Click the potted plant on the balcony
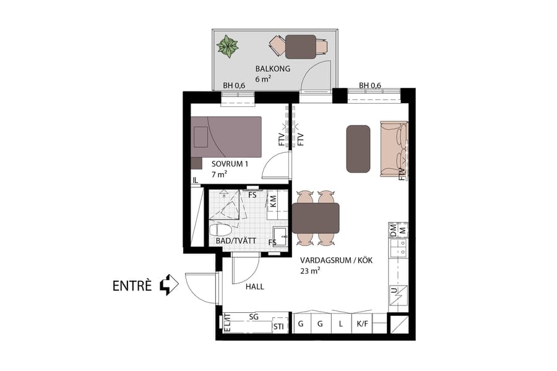click(228, 46)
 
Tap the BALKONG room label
click(273, 69)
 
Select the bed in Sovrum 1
click(227, 137)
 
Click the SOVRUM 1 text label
click(230, 164)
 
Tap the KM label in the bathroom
click(273, 201)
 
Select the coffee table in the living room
click(358, 148)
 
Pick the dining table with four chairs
click(316, 218)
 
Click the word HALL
click(254, 287)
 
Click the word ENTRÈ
click(132, 286)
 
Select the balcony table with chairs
click(300, 47)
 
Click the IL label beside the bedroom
click(196, 181)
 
